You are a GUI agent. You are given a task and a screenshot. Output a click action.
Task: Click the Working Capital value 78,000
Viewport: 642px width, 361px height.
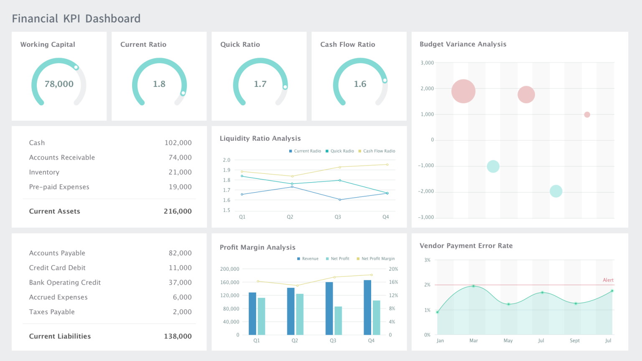pyautogui.click(x=59, y=84)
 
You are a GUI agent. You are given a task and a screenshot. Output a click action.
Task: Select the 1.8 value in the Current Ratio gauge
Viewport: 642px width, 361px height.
pyautogui.click(x=159, y=84)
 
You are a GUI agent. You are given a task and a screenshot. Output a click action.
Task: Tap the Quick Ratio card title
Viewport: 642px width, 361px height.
pyautogui.click(x=240, y=45)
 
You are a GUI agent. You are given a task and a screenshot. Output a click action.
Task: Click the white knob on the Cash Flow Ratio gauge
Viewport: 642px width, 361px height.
pyautogui.click(x=385, y=80)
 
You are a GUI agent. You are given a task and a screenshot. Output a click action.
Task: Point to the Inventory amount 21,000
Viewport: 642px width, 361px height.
pyautogui.click(x=180, y=172)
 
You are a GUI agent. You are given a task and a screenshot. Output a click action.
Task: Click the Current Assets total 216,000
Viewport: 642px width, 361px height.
pyautogui.click(x=178, y=211)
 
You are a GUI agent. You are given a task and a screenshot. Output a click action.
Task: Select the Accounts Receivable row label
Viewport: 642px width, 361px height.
pyautogui.click(x=62, y=158)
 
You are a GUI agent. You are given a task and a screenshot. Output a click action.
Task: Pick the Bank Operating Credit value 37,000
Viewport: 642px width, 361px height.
pyautogui.click(x=180, y=282)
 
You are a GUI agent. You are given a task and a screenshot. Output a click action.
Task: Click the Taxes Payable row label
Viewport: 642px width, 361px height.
pyautogui.click(x=52, y=312)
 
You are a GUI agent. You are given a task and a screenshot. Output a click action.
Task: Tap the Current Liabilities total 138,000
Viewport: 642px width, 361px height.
pyautogui.click(x=178, y=336)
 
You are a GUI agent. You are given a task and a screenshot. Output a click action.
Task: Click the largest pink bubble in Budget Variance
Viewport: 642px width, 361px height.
pyautogui.click(x=463, y=91)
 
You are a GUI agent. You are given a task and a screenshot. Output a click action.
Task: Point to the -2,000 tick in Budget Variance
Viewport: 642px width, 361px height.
pyautogui.click(x=426, y=191)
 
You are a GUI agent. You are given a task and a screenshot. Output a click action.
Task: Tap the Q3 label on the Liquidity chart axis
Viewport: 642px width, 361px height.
pyautogui.click(x=338, y=217)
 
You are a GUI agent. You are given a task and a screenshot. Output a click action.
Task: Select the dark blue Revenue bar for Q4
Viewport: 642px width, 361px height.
pyautogui.click(x=367, y=307)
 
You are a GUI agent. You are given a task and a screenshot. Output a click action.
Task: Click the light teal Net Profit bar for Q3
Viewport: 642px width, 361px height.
pyautogui.click(x=338, y=320)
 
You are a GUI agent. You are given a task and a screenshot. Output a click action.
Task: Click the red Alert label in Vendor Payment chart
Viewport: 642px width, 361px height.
pyautogui.click(x=608, y=280)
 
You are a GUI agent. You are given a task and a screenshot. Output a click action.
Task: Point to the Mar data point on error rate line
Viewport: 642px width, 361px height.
pyautogui.click(x=474, y=286)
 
